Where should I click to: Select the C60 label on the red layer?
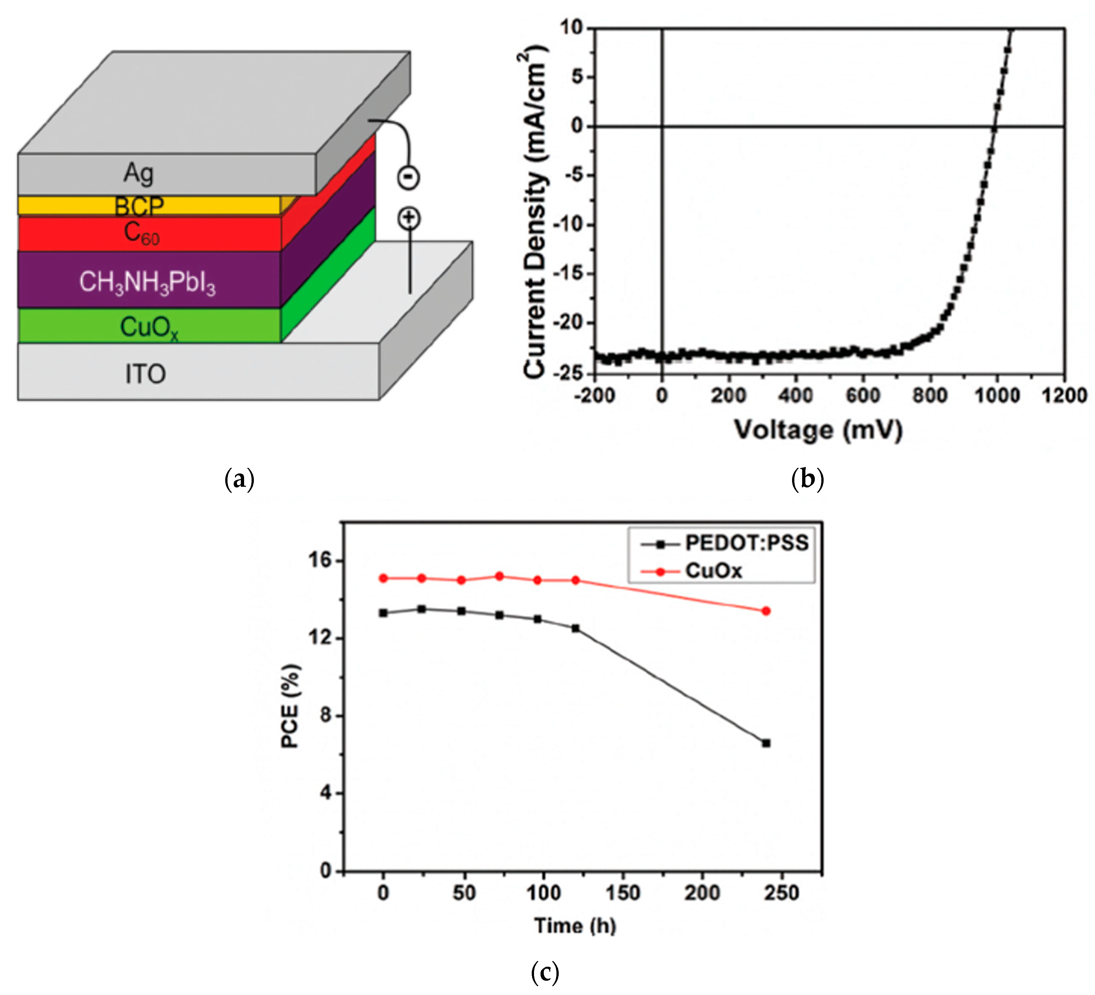[141, 233]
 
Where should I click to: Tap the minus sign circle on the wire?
[409, 177]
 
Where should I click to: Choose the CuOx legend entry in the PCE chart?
[713, 571]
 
